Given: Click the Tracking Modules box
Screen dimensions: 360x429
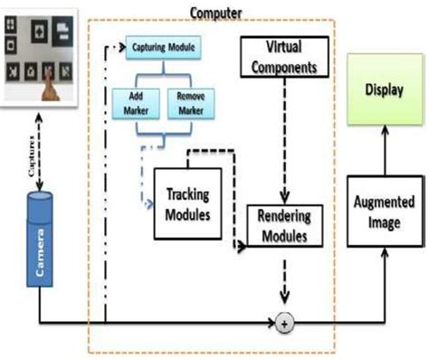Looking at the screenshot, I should click(x=189, y=204).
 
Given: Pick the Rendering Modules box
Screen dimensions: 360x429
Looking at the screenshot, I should click(x=284, y=224).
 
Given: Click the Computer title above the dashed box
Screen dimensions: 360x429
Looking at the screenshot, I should click(x=214, y=11).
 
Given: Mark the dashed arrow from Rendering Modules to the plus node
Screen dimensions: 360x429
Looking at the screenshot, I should click(x=287, y=280).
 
